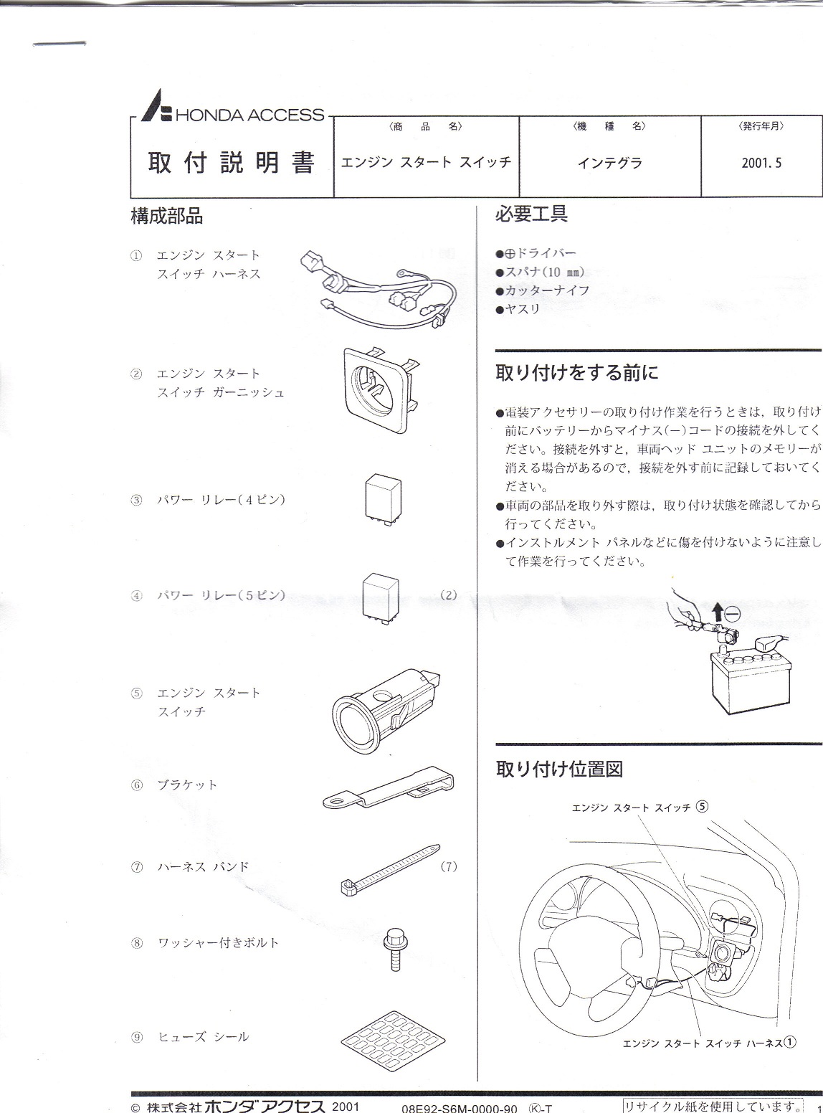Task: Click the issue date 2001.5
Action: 761,163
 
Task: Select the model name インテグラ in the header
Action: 609,163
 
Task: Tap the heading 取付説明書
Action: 231,164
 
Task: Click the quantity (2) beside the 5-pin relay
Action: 449,595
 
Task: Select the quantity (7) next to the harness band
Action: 449,866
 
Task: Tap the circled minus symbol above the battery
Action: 731,614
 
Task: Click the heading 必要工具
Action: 531,213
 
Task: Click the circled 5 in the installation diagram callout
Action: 702,805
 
